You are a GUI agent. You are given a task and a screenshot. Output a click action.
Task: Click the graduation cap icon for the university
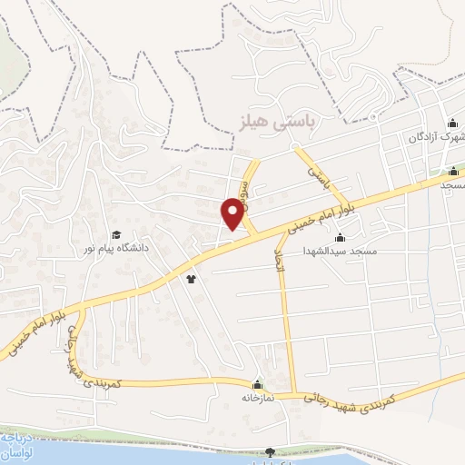[115, 234]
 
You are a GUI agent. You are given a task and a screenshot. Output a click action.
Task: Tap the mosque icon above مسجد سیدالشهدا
[340, 237]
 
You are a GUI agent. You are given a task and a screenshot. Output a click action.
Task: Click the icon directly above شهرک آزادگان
[452, 124]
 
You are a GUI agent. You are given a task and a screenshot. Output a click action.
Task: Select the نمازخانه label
[257, 398]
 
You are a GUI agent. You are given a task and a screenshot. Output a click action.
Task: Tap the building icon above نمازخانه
[257, 385]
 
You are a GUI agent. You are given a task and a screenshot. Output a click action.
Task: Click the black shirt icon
[191, 280]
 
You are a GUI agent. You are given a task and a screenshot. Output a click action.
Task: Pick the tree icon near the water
[270, 451]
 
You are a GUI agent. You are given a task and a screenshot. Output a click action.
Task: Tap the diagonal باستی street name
[314, 167]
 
